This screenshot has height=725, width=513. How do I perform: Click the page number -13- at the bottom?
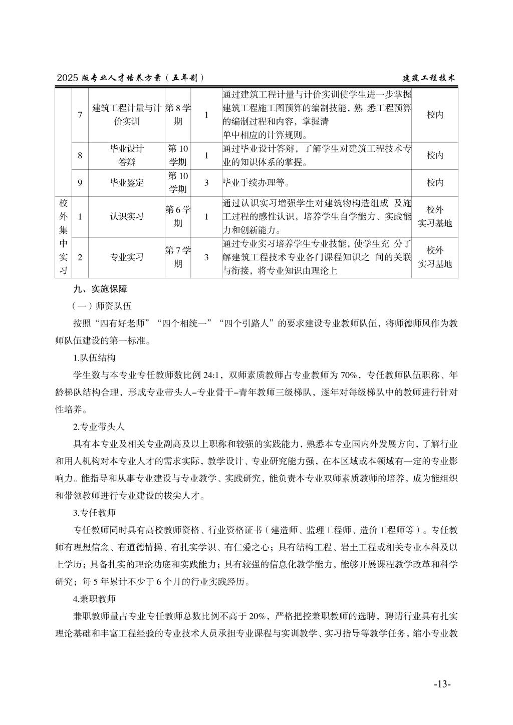442,684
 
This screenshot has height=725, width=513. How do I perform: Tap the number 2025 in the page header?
68,78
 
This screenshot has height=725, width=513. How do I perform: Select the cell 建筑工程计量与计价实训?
127,115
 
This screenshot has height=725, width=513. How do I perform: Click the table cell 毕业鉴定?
127,183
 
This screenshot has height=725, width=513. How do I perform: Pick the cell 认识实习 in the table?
127,216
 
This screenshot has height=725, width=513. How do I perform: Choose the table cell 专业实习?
127,257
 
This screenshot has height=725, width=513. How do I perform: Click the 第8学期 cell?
178,115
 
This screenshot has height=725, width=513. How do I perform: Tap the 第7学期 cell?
178,257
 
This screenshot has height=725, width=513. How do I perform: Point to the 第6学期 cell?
178,216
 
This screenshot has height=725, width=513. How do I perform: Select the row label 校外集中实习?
64,236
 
